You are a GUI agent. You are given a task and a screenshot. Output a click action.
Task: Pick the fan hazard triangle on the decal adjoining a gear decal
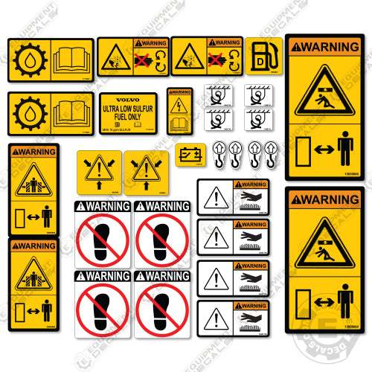click(115, 58)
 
